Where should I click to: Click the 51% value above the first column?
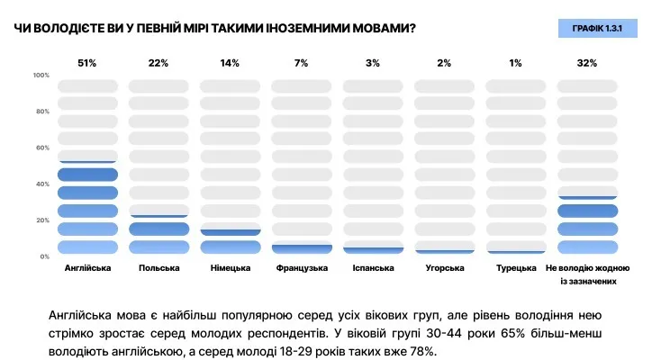(87, 63)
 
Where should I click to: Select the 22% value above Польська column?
(158, 63)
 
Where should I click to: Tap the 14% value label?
(230, 63)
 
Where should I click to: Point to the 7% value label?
(301, 63)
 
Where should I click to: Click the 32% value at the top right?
(587, 63)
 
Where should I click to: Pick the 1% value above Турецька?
(515, 63)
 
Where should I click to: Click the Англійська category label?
(87, 268)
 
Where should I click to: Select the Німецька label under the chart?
(230, 268)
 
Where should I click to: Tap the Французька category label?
(302, 268)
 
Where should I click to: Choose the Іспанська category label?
(373, 268)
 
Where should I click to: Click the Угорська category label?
(444, 268)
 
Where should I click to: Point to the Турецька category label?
(515, 268)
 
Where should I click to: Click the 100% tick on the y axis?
(41, 75)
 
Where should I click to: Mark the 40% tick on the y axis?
(42, 184)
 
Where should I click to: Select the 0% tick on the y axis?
(44, 256)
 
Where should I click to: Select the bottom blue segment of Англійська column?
(87, 247)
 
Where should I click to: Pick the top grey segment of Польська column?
(158, 85)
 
